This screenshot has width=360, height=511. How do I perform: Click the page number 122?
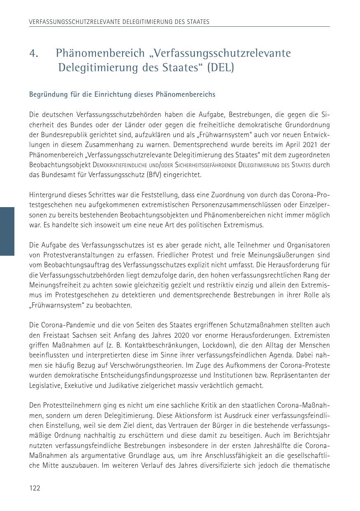[x=35, y=488]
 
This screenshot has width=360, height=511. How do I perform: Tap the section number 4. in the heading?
[x=34, y=54]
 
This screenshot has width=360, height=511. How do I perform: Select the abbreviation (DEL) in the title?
[x=221, y=68]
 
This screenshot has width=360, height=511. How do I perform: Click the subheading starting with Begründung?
[x=122, y=95]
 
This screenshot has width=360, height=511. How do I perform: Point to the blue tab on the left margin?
[x=7, y=231]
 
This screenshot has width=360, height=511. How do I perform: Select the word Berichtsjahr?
[x=310, y=436]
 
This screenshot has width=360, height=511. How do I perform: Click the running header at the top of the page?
[x=119, y=21]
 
